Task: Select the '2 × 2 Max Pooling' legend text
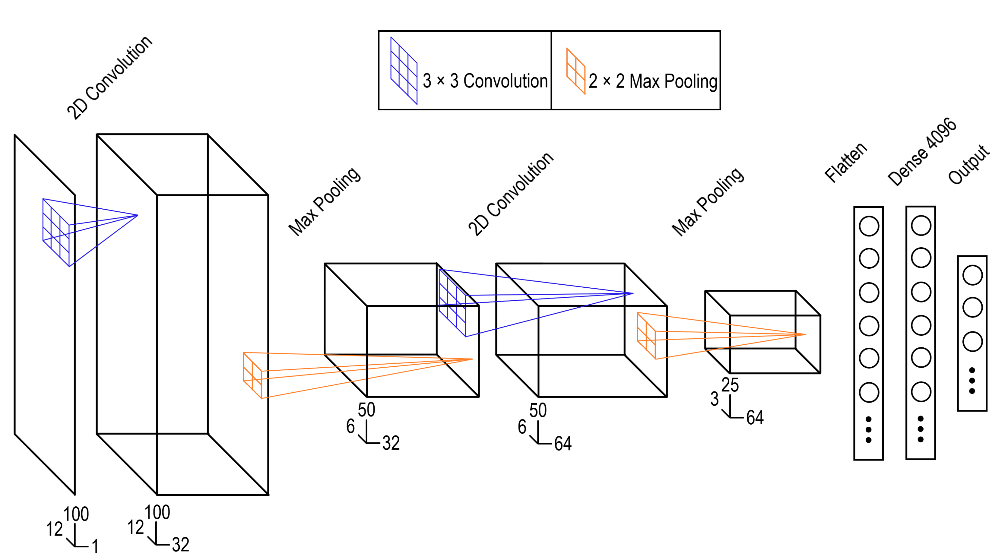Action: pos(652,81)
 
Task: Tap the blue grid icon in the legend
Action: pos(404,71)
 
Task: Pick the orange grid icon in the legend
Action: pos(575,71)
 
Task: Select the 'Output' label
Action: pos(968,164)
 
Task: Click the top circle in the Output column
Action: pos(972,275)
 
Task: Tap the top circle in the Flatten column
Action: pos(869,226)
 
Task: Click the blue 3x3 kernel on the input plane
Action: pos(56,233)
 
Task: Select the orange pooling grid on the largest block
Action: pos(252,375)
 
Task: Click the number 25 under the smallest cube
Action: pos(730,385)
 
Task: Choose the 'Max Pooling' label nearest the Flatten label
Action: pos(708,201)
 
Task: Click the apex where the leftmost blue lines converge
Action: pos(138,215)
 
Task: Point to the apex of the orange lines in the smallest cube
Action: pos(806,334)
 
